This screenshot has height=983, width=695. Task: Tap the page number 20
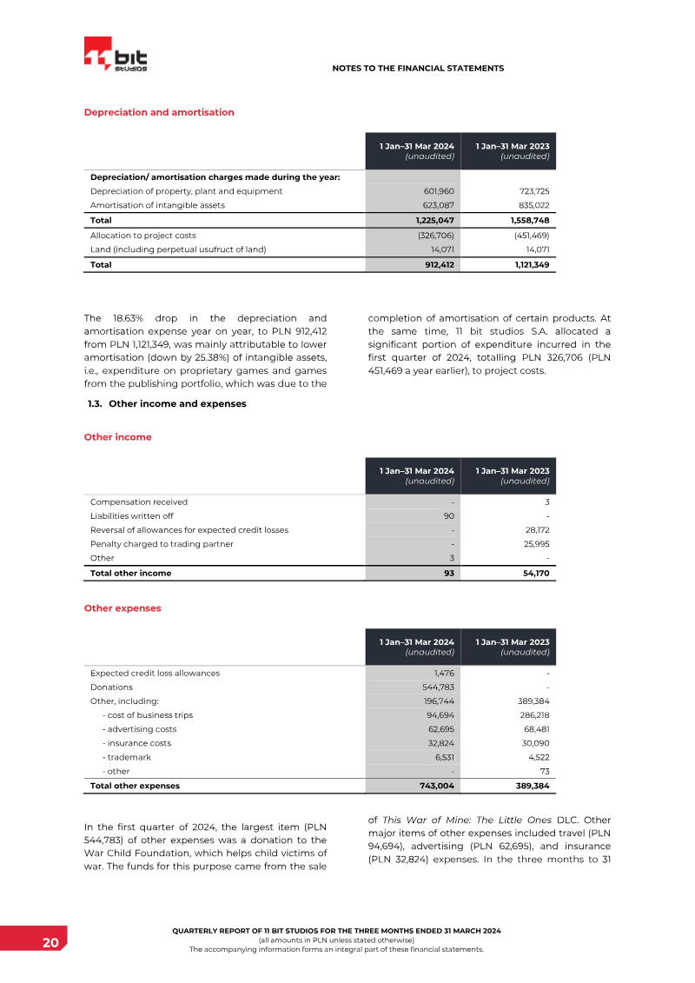50,942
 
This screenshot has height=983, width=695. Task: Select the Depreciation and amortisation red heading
158,112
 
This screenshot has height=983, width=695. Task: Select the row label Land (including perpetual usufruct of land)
177,249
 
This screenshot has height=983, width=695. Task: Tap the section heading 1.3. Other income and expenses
167,403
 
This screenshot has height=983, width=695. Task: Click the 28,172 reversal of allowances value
535,529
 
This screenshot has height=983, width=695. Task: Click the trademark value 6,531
443,757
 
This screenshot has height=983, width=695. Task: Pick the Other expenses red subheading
122,608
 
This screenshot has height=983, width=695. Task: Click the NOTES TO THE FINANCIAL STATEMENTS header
418,68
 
